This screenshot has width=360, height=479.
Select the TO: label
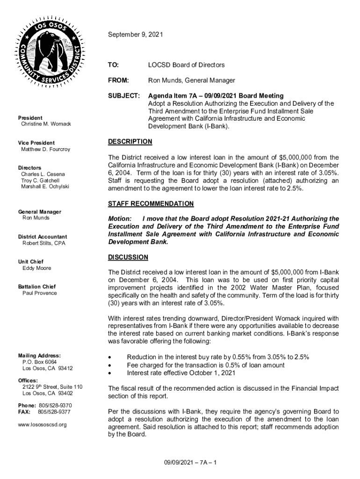click(x=114, y=65)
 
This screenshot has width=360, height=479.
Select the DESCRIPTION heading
click(x=130, y=141)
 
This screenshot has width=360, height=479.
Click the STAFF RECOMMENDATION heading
click(x=151, y=204)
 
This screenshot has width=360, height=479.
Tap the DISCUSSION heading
click(x=128, y=257)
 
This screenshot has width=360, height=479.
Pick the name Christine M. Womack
click(x=46, y=124)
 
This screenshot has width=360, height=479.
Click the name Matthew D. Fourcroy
click(x=45, y=149)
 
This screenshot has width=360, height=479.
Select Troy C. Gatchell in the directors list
click(x=40, y=180)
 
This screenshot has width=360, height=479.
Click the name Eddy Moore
click(x=37, y=268)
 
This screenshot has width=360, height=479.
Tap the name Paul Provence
click(x=40, y=293)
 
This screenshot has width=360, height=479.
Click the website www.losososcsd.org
click(x=43, y=424)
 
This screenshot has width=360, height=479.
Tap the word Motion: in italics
click(x=120, y=218)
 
